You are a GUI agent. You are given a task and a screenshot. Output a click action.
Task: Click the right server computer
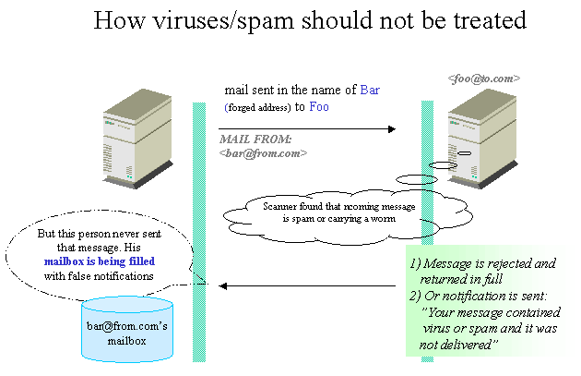[x=481, y=135]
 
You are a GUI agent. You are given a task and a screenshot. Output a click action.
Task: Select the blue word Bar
[x=369, y=91]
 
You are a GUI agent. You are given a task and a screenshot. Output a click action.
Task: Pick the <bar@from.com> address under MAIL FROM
[x=263, y=152]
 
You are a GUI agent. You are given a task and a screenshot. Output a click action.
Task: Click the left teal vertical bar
[x=199, y=231]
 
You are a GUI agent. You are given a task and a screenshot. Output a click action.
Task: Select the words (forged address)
[x=256, y=108]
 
